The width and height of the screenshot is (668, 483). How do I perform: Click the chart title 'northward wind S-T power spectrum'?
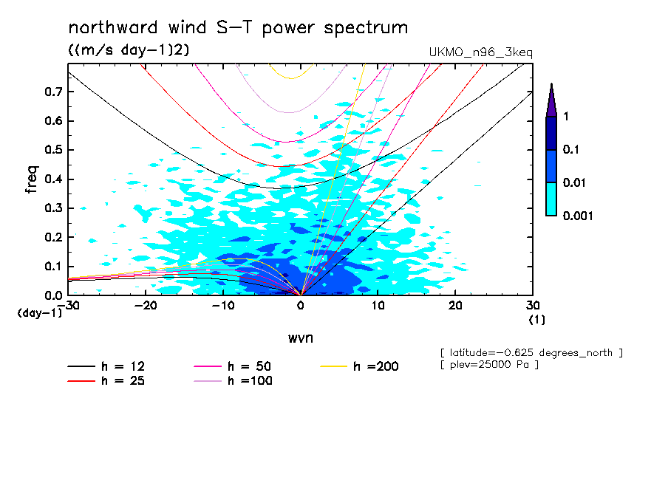[238, 28]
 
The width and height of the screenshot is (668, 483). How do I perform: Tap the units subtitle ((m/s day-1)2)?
[129, 50]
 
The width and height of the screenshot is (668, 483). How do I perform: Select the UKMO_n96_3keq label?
[480, 52]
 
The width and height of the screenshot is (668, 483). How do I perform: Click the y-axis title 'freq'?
[31, 179]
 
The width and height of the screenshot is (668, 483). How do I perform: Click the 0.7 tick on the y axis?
[54, 92]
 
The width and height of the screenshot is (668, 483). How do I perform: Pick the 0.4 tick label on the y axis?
[54, 179]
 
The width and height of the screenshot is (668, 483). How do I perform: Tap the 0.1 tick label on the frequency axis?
[54, 267]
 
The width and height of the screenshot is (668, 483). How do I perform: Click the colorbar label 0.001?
[578, 216]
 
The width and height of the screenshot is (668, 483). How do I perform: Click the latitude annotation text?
[531, 353]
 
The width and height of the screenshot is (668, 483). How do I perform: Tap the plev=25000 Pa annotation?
[488, 365]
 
